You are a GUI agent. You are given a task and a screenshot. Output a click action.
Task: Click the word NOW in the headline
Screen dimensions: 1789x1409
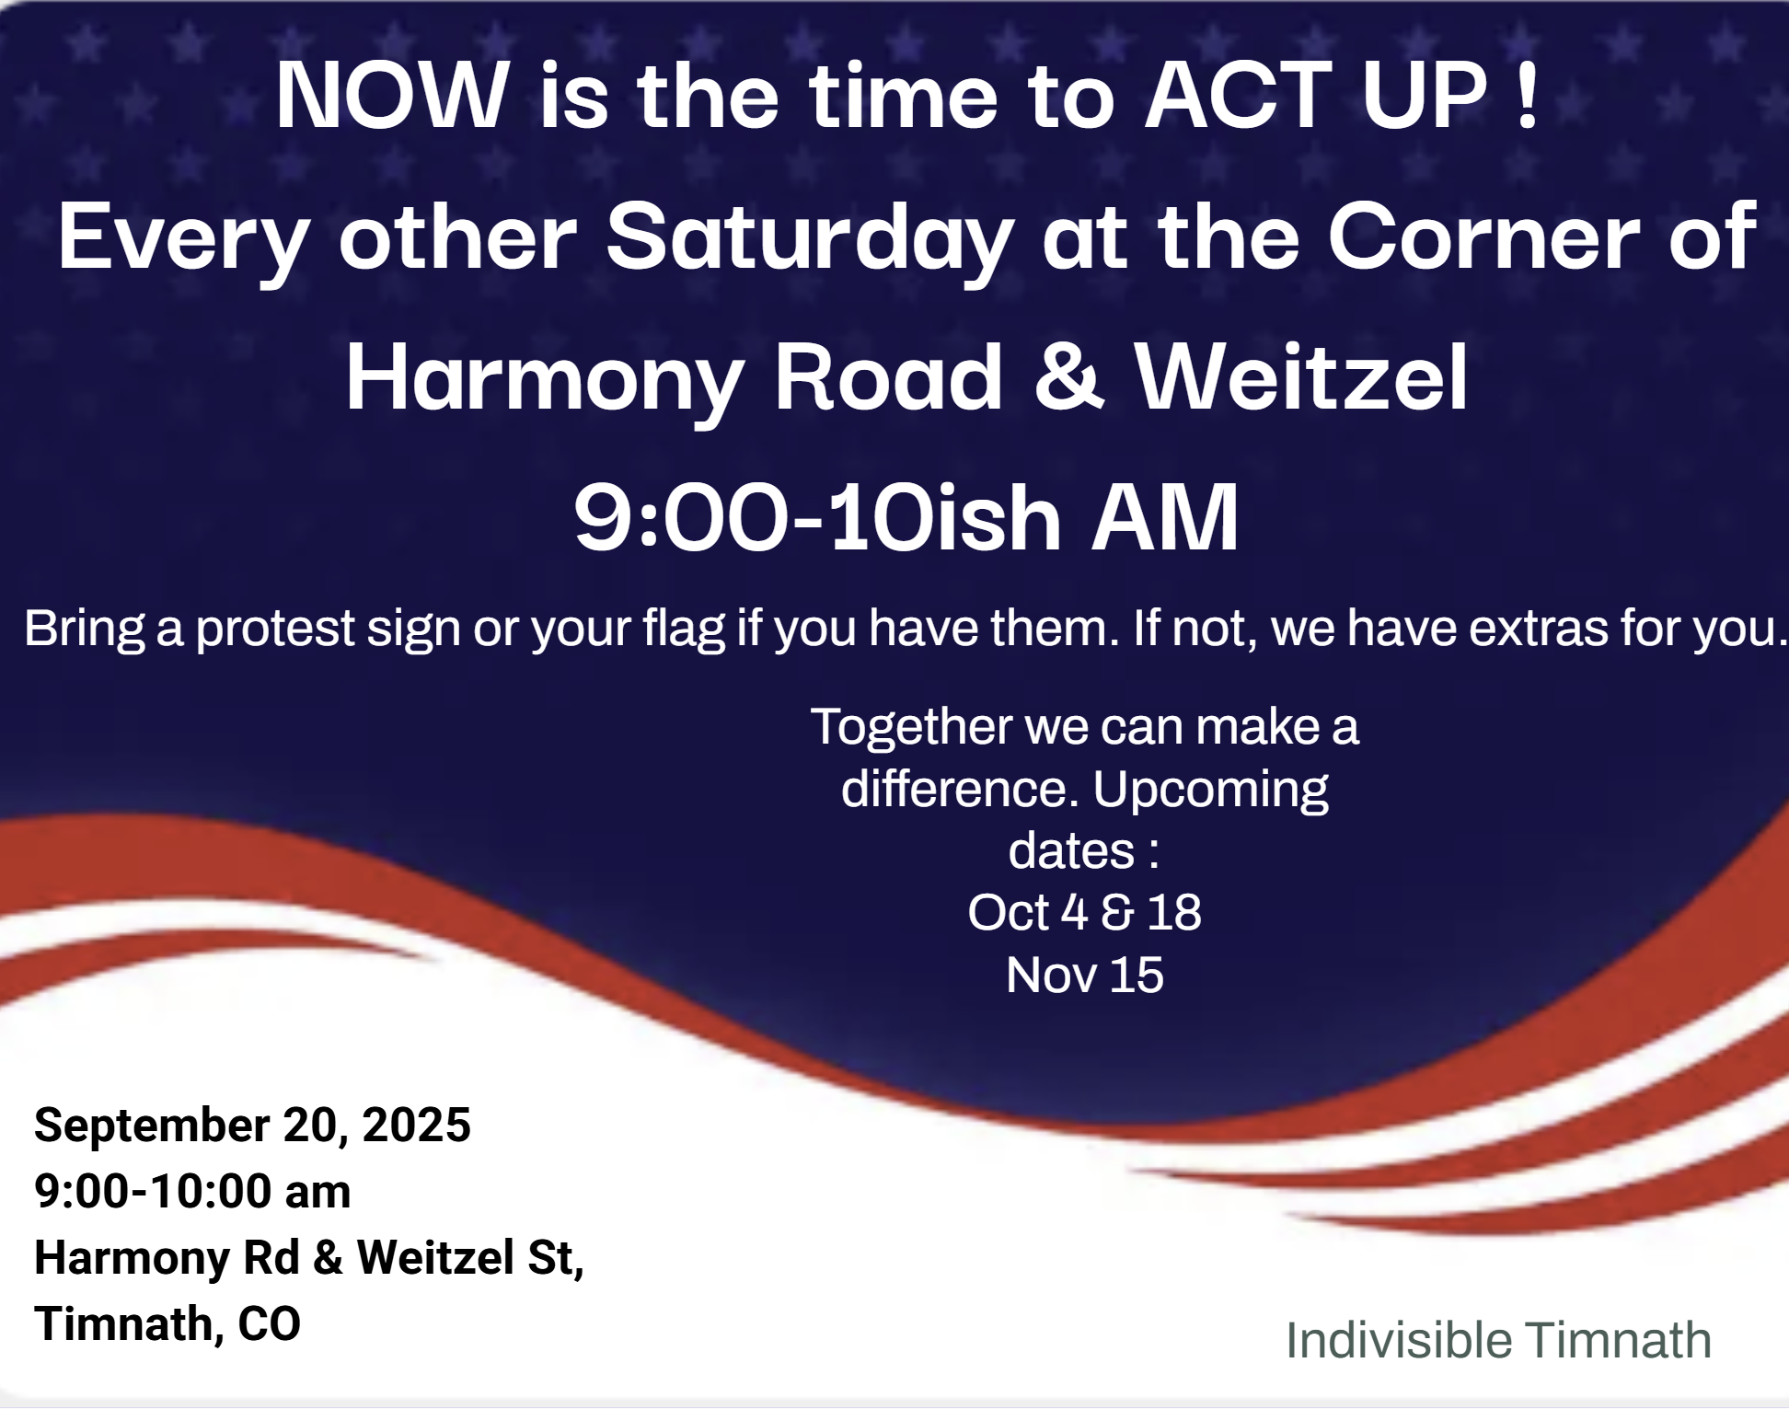tap(393, 95)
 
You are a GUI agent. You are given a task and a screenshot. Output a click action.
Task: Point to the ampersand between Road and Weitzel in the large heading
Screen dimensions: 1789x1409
tap(1068, 376)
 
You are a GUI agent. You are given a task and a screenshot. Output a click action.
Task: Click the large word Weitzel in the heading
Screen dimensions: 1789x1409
tap(1301, 376)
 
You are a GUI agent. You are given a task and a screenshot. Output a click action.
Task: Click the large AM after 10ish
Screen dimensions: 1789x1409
tap(1165, 518)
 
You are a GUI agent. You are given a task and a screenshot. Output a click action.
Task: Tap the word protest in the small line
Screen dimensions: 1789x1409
tap(275, 630)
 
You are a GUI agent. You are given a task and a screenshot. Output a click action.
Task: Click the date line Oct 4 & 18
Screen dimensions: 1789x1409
tap(1084, 912)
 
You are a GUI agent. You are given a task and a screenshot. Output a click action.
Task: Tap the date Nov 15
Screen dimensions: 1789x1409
tap(1084, 975)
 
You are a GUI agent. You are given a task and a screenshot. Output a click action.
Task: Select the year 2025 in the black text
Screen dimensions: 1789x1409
tap(416, 1125)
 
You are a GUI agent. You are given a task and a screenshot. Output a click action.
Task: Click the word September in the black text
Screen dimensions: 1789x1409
tap(152, 1126)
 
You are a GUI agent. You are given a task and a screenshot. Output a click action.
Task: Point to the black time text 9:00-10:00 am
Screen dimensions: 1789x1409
tap(192, 1191)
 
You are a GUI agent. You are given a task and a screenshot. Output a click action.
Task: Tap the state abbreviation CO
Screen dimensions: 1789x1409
tap(269, 1323)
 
